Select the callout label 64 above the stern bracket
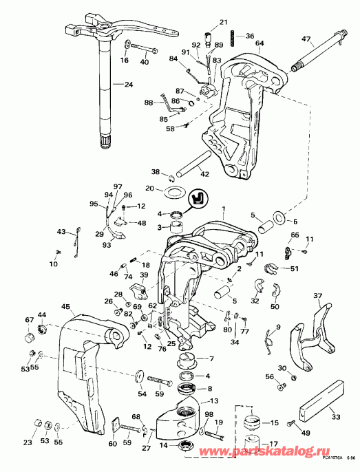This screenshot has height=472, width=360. (259, 43)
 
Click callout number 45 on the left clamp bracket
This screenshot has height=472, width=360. (66, 307)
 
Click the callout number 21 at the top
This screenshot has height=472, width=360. (222, 23)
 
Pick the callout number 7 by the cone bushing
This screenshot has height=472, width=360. (211, 359)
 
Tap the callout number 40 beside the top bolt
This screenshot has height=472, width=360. (145, 62)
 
